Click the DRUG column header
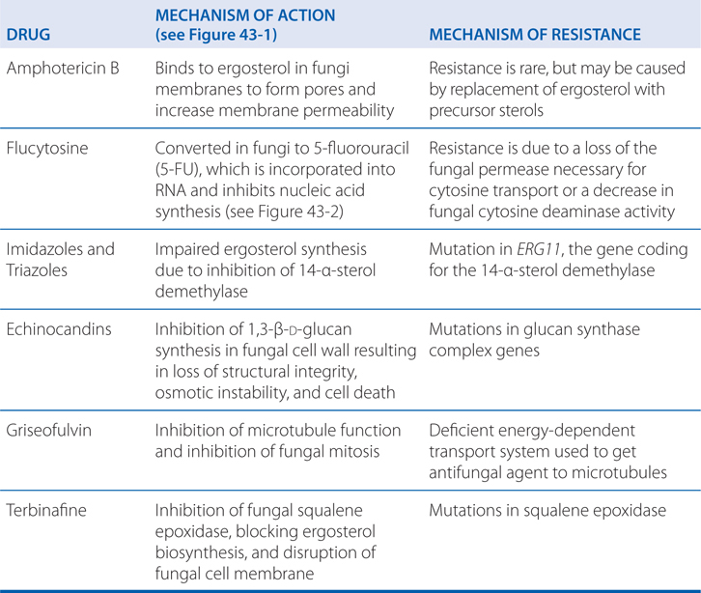tap(30, 35)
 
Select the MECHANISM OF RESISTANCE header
tap(534, 35)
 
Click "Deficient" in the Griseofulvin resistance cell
tap(460, 429)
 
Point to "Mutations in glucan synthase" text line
tap(533, 329)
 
